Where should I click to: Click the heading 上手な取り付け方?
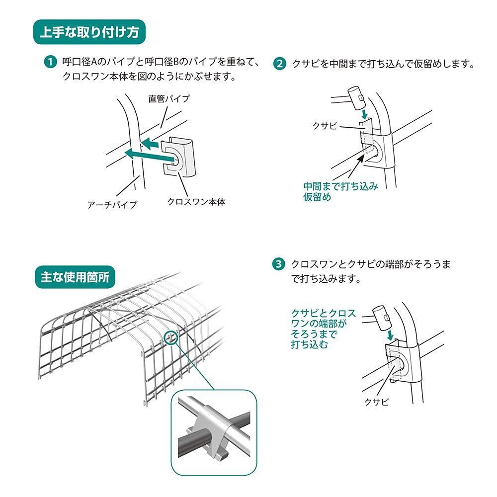coord(89,32)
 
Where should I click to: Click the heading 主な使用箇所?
coord(75,277)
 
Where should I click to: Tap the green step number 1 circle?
coord(50,62)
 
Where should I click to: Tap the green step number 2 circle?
coord(279,64)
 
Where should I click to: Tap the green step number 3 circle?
coord(279,264)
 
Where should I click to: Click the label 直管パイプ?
coord(169,98)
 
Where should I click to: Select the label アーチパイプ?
coord(112,204)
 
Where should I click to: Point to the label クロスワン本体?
coord(196,202)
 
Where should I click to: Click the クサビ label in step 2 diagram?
coord(325,126)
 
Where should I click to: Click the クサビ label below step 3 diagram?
coord(376,402)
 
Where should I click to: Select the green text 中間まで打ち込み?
coord(341,186)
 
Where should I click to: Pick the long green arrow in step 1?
coord(149,155)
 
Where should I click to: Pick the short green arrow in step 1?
coord(149,145)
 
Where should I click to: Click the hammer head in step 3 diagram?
coord(382,318)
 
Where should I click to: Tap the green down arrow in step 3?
coord(391,335)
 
